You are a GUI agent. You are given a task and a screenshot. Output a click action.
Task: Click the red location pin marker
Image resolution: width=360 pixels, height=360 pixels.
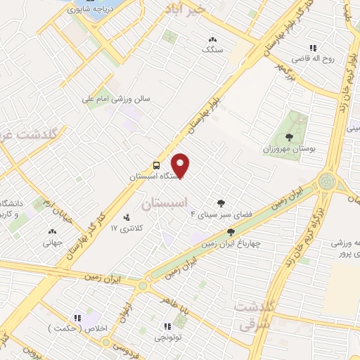[181, 166]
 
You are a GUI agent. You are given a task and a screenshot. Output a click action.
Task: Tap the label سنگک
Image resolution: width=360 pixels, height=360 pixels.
[212, 50]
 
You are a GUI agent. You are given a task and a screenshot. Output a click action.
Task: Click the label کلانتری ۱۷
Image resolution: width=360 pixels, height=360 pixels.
[127, 229]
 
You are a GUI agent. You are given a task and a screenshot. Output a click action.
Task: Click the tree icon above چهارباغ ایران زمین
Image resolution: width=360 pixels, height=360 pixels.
[231, 232]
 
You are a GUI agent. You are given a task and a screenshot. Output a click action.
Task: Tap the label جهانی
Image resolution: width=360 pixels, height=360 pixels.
[52, 243]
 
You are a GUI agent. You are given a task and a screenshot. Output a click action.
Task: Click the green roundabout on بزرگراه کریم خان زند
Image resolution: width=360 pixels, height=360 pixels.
[326, 181]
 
